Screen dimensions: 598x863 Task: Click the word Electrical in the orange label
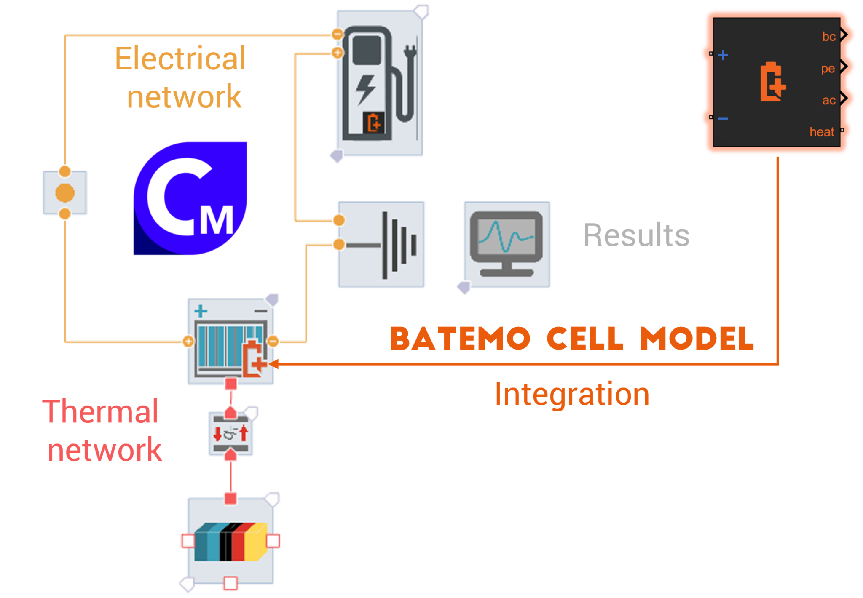pyautogui.click(x=180, y=59)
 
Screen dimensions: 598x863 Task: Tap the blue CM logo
pyautogui.click(x=190, y=198)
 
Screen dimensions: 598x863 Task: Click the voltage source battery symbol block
pyautogui.click(x=381, y=245)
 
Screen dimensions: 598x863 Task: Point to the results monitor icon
pyautogui.click(x=507, y=244)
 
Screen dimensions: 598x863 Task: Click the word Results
pyautogui.click(x=636, y=235)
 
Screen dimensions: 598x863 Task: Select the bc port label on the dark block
pyautogui.click(x=828, y=37)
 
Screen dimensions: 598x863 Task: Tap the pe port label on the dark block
pyautogui.click(x=828, y=69)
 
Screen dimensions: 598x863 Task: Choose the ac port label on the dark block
pyautogui.click(x=828, y=100)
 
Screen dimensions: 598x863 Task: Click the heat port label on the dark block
pyautogui.click(x=821, y=132)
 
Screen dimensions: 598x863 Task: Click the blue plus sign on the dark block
pyautogui.click(x=723, y=55)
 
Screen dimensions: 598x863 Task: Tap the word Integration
pyautogui.click(x=572, y=395)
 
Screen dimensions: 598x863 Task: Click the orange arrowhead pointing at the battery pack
pyautogui.click(x=273, y=364)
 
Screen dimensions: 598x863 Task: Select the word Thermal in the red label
pyautogui.click(x=100, y=411)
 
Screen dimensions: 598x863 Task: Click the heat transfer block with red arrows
pyautogui.click(x=230, y=434)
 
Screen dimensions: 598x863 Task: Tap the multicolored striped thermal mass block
pyautogui.click(x=230, y=541)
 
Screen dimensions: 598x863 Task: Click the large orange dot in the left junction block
pyautogui.click(x=65, y=193)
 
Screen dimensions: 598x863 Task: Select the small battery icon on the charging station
pyautogui.click(x=374, y=123)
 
